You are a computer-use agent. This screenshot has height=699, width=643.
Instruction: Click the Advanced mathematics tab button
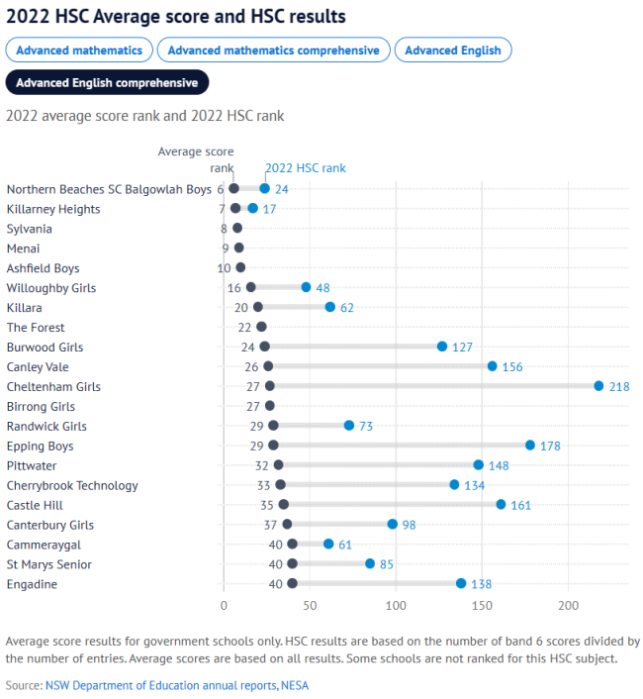tap(79, 50)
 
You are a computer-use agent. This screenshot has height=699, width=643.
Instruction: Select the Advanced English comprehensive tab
tap(107, 82)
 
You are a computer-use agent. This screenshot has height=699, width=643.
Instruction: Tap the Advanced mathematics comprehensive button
tap(273, 50)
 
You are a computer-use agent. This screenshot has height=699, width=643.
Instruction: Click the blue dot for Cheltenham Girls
tap(598, 386)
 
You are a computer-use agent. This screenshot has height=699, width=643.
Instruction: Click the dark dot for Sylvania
tap(237, 229)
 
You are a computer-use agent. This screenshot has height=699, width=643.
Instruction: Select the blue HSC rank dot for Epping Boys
tap(530, 446)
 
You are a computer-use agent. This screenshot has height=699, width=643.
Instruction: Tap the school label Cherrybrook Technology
tap(72, 486)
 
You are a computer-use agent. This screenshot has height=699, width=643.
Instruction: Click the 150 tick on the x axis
tap(483, 604)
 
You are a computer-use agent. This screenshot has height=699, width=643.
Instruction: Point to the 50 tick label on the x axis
tap(311, 604)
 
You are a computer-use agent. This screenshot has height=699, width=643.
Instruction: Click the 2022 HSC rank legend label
tap(306, 168)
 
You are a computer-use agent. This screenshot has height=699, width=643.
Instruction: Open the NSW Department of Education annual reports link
tap(161, 684)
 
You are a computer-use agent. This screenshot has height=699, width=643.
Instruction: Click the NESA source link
tap(296, 684)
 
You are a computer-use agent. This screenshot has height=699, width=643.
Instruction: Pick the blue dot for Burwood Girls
tap(442, 347)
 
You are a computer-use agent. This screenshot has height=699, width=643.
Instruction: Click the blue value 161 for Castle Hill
tap(521, 506)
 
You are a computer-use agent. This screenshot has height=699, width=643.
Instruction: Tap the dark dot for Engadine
tap(292, 584)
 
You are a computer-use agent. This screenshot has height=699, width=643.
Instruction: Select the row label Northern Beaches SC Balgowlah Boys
tap(109, 189)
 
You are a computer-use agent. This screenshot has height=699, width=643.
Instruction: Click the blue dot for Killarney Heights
tap(253, 208)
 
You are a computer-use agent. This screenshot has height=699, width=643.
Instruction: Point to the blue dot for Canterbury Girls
tap(393, 525)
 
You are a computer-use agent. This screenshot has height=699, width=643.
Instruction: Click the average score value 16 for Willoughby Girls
tap(234, 288)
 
